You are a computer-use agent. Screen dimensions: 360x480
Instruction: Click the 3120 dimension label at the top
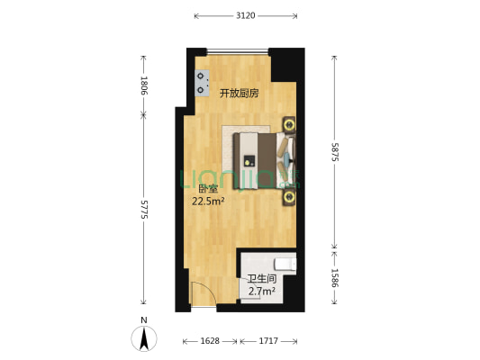[x=245, y=15]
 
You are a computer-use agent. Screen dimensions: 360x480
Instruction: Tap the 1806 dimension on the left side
[x=143, y=85]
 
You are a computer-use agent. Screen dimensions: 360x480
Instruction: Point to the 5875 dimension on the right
[x=335, y=152]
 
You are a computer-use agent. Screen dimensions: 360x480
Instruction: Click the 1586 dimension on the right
[x=335, y=278]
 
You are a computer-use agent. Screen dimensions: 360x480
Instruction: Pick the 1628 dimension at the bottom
[x=210, y=342]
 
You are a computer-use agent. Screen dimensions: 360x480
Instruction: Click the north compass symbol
[x=143, y=338]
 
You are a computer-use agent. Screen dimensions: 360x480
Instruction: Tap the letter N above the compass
[x=143, y=320]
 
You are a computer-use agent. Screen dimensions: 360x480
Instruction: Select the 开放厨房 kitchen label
[x=240, y=93]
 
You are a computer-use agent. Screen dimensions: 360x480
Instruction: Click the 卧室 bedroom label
[x=208, y=189]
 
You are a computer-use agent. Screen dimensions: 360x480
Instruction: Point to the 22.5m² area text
[x=208, y=202]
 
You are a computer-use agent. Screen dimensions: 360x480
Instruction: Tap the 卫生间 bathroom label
[x=261, y=279]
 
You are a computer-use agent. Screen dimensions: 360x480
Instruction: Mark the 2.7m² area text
[x=261, y=291]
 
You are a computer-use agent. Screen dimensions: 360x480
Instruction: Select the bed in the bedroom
[x=261, y=162]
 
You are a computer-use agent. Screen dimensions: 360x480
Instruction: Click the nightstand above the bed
[x=290, y=124]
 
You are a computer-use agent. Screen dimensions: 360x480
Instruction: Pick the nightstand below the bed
[x=290, y=198]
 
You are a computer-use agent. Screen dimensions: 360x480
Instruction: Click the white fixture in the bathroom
[x=285, y=264]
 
